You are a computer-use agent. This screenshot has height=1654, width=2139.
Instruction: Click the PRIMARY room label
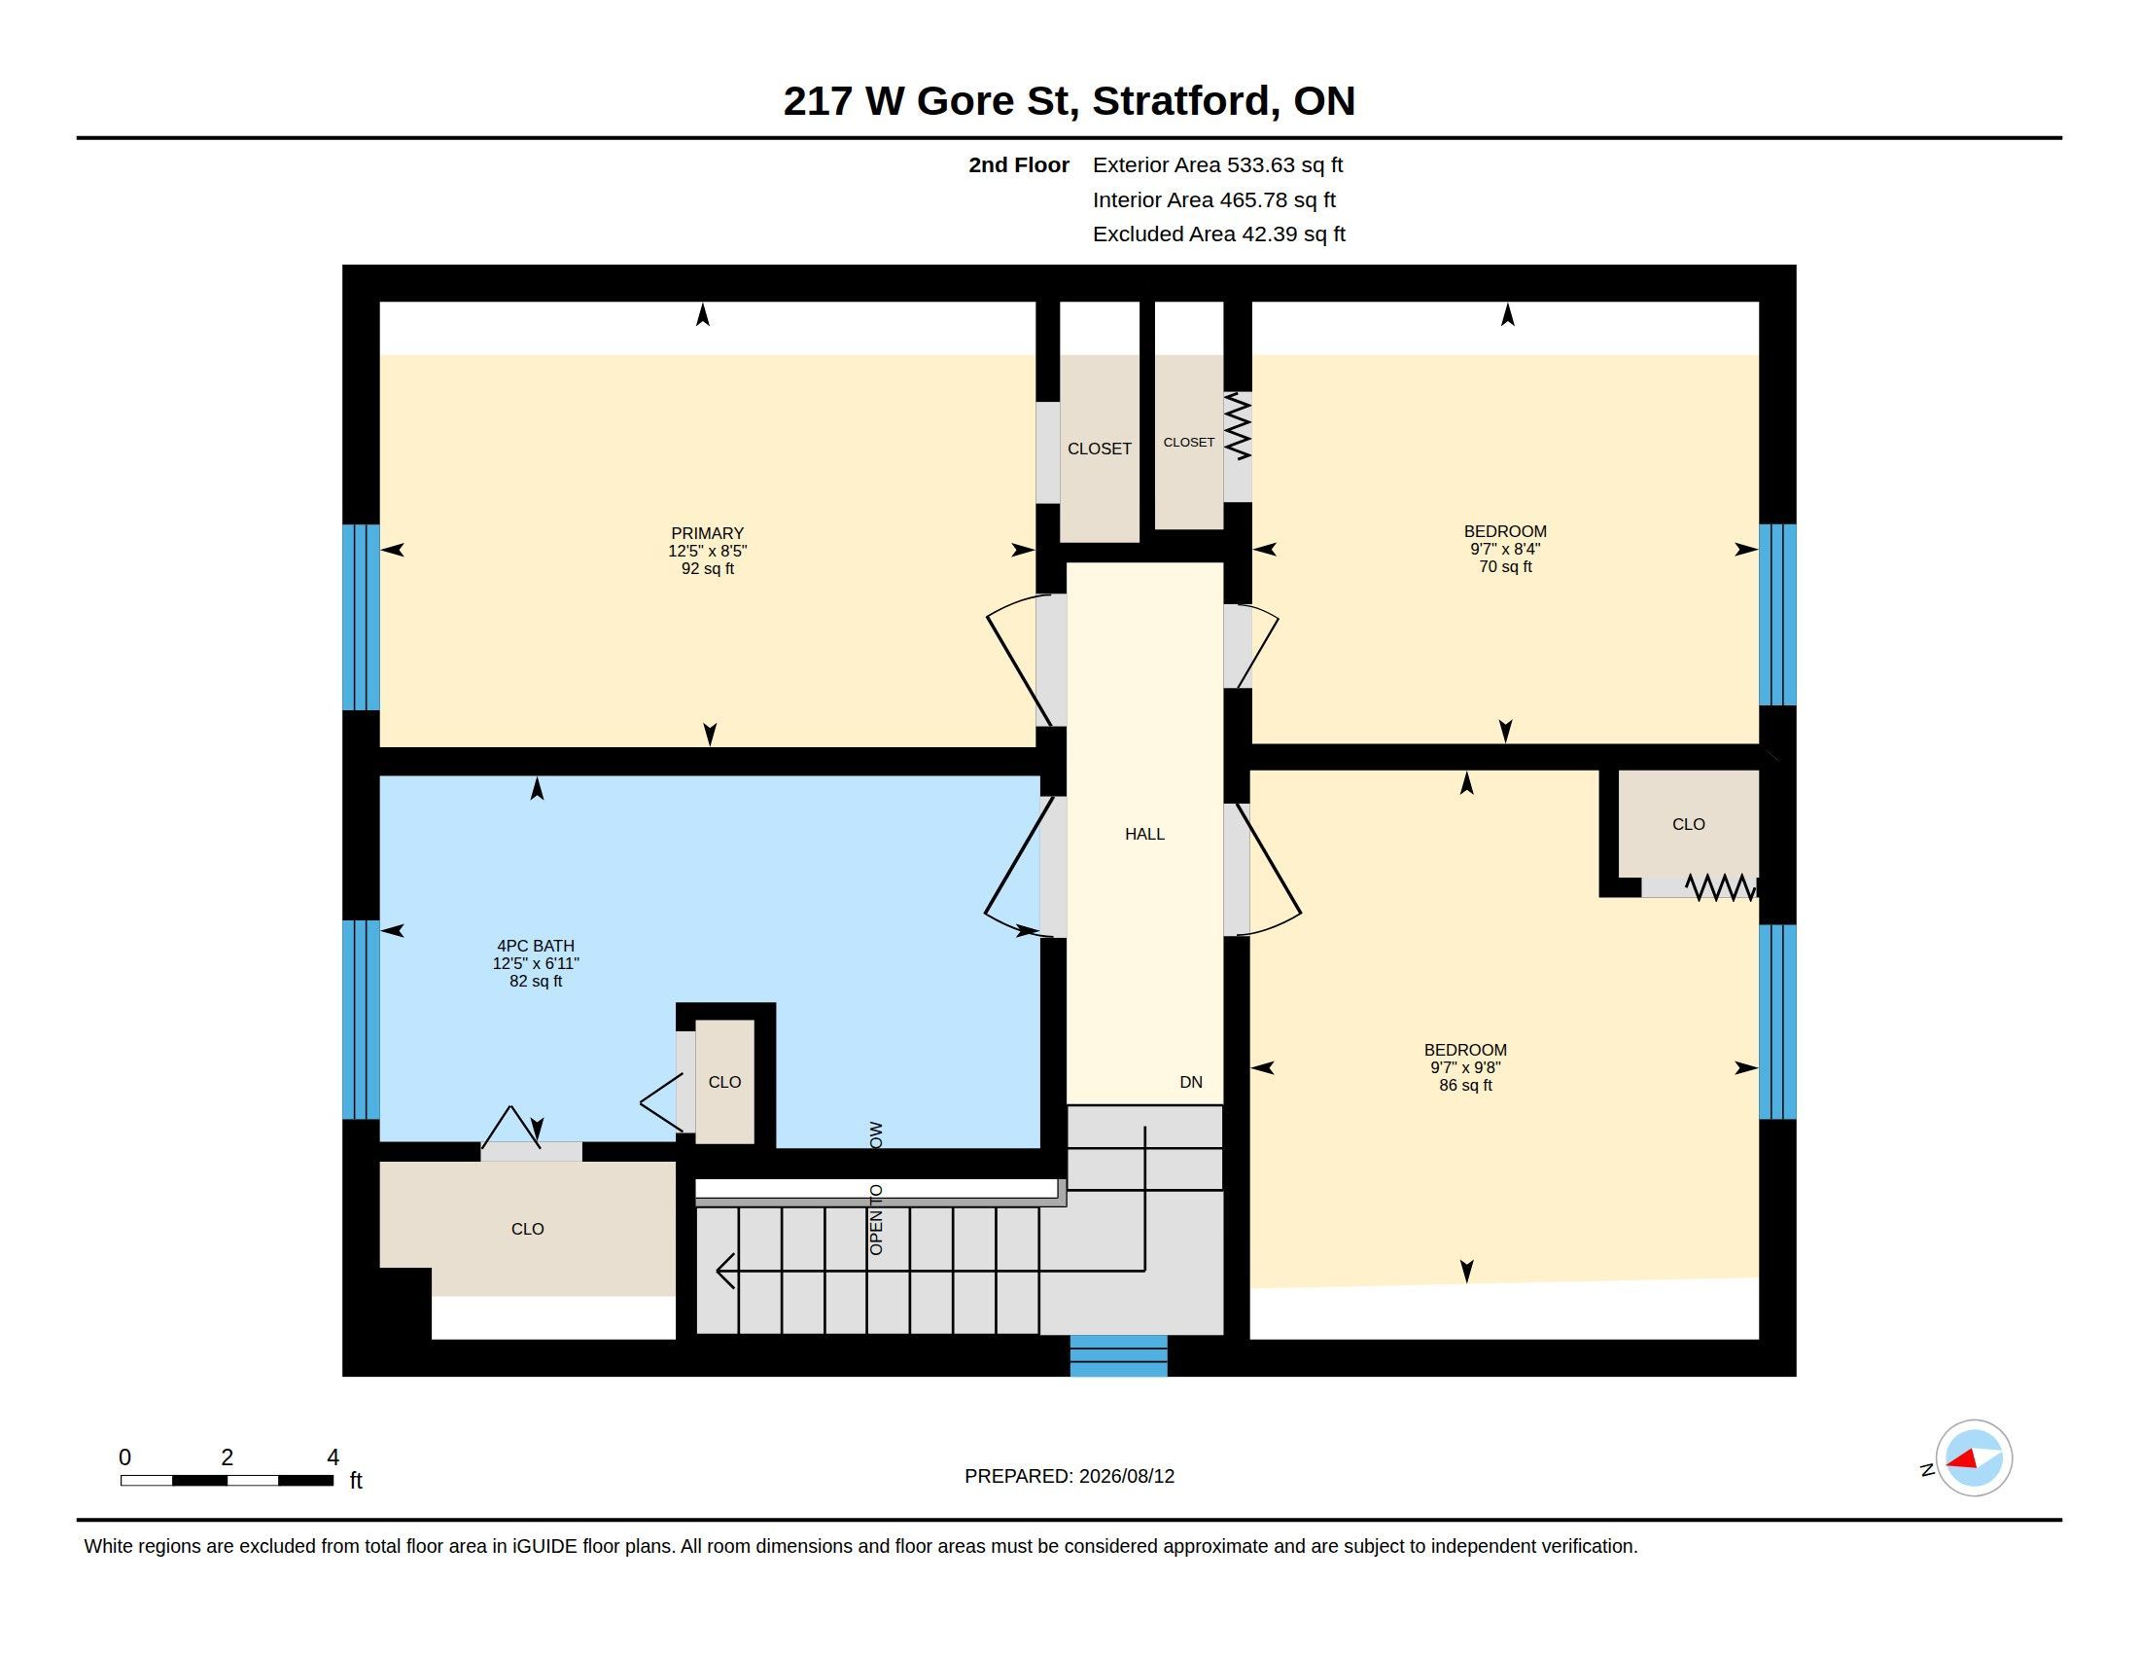click(x=707, y=534)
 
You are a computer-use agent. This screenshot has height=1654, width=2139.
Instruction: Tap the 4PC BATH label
click(x=536, y=946)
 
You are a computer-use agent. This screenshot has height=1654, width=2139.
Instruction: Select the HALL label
click(x=1144, y=834)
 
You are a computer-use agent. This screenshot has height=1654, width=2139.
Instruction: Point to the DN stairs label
click(x=1191, y=1082)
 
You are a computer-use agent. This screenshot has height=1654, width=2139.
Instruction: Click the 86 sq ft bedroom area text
click(x=1465, y=1085)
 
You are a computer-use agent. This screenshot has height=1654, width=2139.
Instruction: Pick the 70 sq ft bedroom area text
click(x=1505, y=566)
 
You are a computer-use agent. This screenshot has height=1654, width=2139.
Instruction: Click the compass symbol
click(x=1973, y=1458)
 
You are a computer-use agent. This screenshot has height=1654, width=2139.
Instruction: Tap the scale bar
click(x=227, y=1480)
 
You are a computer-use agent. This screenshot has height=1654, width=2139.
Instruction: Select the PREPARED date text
click(x=1069, y=1476)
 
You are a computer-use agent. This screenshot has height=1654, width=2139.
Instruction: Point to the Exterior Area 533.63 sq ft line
click(x=1217, y=164)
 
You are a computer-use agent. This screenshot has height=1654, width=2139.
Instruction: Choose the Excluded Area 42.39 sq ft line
click(x=1218, y=234)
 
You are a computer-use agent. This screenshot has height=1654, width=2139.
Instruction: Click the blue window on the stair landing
click(x=1118, y=1355)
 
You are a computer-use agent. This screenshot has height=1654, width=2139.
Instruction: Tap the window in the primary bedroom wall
click(x=361, y=617)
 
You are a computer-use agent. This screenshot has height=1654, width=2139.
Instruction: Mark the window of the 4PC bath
click(x=361, y=1019)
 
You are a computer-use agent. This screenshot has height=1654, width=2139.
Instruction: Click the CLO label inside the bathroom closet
click(x=724, y=1082)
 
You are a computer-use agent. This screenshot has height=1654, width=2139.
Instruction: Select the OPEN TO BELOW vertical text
click(x=877, y=1189)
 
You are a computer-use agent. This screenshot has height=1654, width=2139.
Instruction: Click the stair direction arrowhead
click(x=724, y=1271)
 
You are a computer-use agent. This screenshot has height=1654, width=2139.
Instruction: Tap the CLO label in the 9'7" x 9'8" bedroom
click(x=1689, y=824)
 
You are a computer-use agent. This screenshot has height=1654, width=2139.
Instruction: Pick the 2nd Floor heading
click(x=1019, y=164)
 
